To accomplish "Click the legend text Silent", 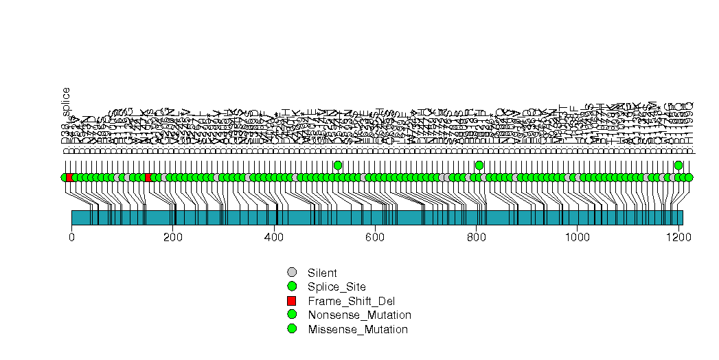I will pos(322,273).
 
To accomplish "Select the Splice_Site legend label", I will pos(337,286).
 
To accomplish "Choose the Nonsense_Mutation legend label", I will pos(360,315).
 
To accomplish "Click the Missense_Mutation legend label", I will pos(358,329).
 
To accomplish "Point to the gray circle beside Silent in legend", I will pos(292,273).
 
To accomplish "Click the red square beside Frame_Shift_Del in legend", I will pos(292,301).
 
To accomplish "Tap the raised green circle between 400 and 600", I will pos(337,165).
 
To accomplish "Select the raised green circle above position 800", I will pos(479,165).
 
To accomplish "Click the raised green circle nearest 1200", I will pos(678,165).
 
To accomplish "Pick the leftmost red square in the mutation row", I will pos(69,177).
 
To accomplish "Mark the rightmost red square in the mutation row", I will pos(148,177).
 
